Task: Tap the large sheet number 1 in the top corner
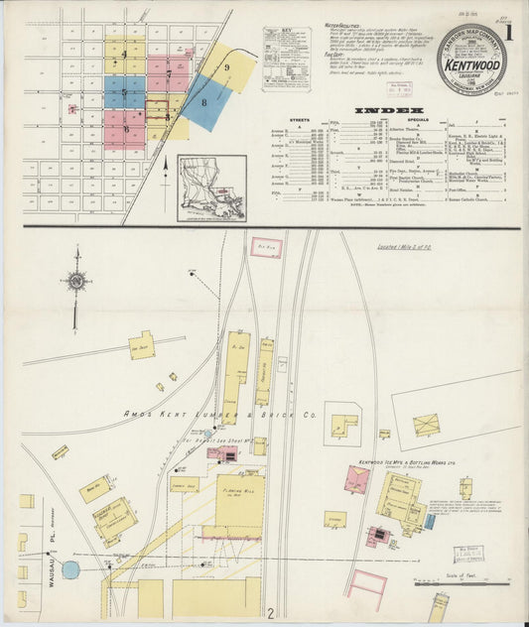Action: point(508,30)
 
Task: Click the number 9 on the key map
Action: point(227,67)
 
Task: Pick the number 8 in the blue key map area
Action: point(204,102)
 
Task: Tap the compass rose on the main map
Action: point(76,282)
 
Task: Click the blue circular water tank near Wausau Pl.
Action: point(70,569)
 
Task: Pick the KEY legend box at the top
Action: point(286,59)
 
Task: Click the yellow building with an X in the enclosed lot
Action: point(426,425)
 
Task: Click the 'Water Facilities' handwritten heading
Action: point(341,24)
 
